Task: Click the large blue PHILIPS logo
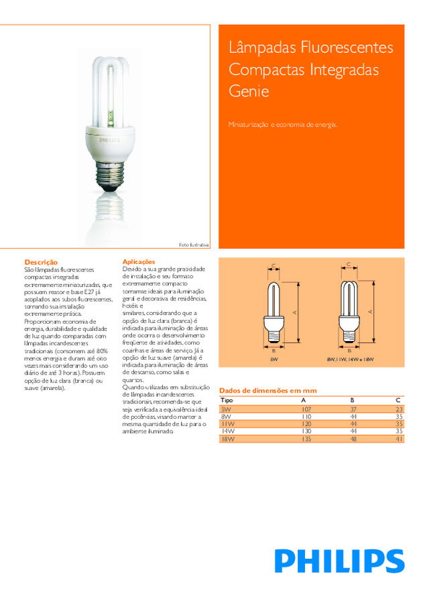click(x=339, y=561)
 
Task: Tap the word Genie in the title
click(x=249, y=91)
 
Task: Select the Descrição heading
click(x=41, y=262)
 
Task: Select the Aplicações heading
click(x=139, y=261)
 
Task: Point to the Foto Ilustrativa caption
click(x=194, y=245)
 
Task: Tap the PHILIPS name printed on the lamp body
click(x=109, y=141)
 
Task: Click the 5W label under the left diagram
click(x=273, y=360)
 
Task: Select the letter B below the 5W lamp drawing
click(x=273, y=350)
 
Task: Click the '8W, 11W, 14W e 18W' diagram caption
click(x=349, y=360)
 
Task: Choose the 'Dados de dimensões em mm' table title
click(x=268, y=391)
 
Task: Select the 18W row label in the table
click(x=228, y=440)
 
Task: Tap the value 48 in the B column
click(x=352, y=440)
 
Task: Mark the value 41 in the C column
click(x=400, y=440)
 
